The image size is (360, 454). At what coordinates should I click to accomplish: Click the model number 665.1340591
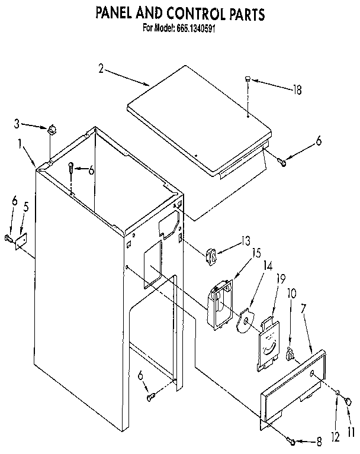(195, 28)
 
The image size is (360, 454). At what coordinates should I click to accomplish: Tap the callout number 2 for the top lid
(101, 69)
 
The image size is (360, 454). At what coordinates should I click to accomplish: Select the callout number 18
(297, 90)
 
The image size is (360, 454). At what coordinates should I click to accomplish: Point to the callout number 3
(17, 124)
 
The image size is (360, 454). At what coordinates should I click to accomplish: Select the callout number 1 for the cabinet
(21, 143)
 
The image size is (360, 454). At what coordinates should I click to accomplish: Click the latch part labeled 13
(211, 256)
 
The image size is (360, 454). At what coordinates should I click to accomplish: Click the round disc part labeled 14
(243, 323)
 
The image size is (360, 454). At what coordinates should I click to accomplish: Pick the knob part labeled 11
(348, 402)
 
